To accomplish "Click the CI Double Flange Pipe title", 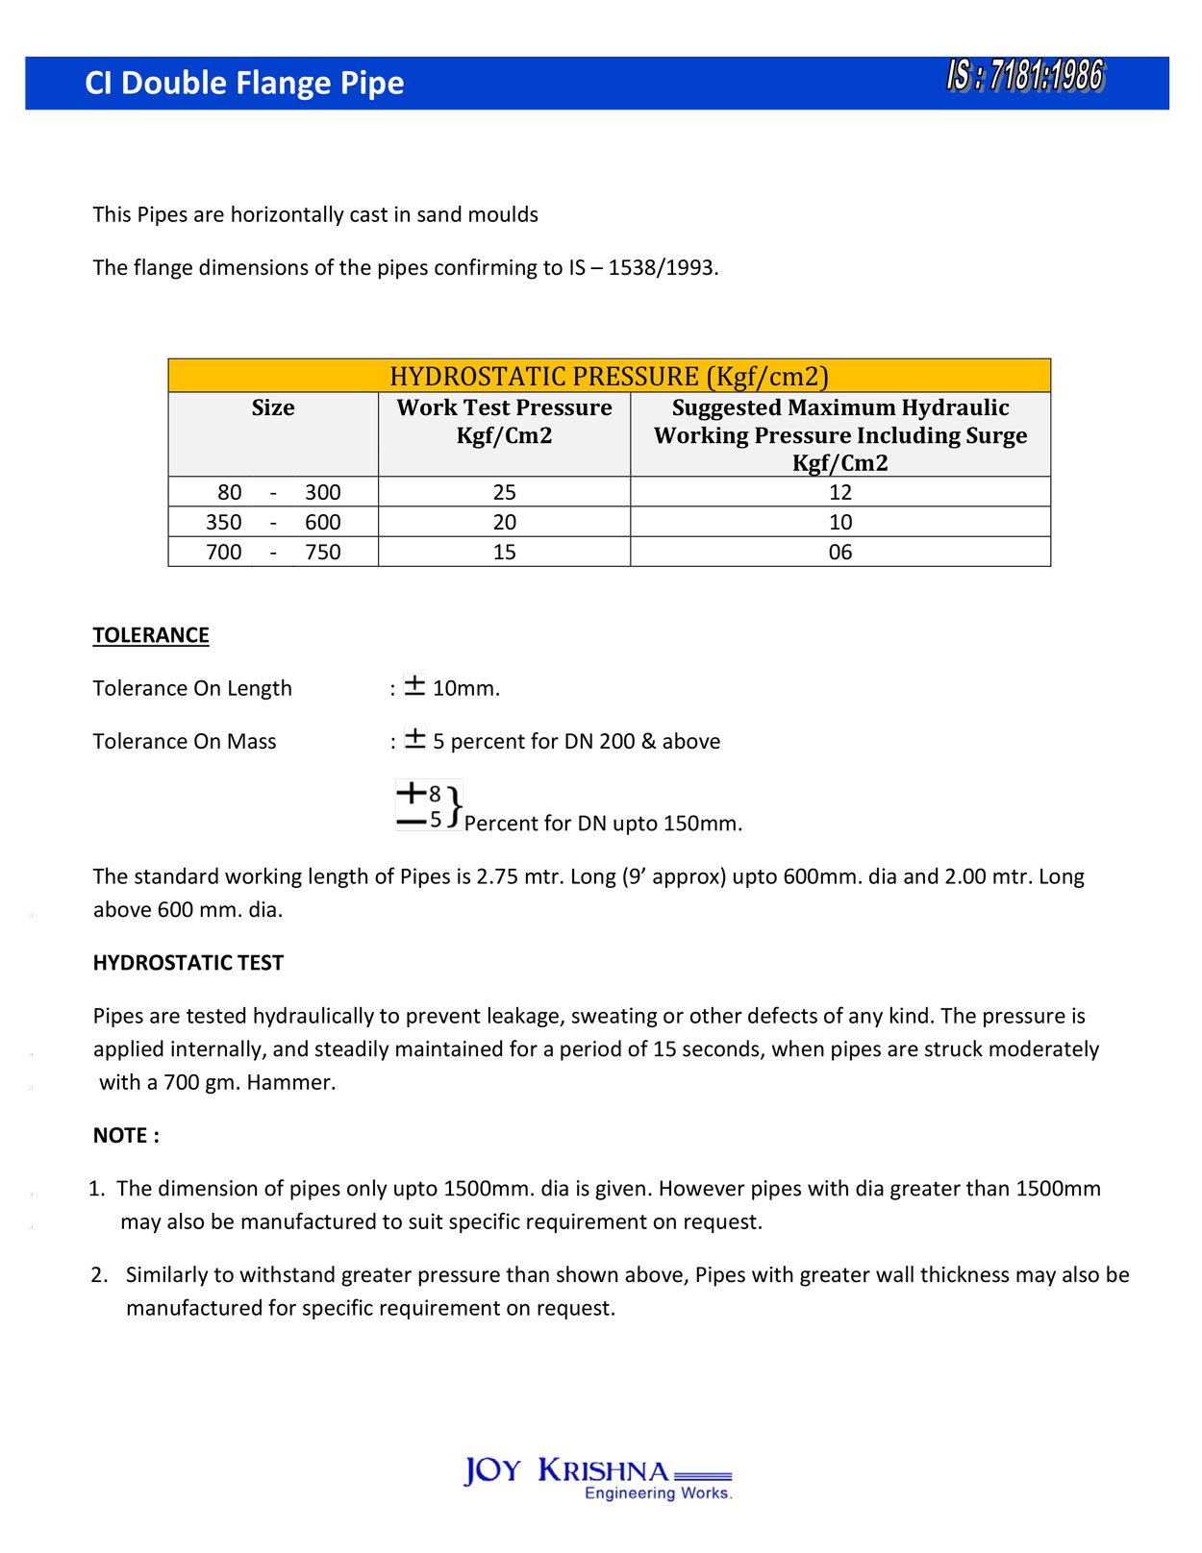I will pos(244,84).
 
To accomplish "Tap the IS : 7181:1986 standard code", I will pos(1025,76).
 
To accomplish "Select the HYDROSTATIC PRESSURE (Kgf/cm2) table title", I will pos(609,376).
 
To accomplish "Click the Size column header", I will pos(273,407).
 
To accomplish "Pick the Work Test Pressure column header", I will pos(504,421).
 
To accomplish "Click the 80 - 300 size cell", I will pos(273,492).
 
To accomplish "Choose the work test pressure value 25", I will pos(504,492).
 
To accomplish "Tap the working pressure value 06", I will pos(839,552).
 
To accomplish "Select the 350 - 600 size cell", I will pos(273,522).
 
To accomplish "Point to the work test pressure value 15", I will pos(504,552).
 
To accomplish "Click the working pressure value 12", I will pos(839,492).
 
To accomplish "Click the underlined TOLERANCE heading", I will pos(151,635).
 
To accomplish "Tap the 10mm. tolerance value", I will pos(465,688).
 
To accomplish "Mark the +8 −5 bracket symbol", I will pos(429,805).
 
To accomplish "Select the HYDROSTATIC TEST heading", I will pos(188,963).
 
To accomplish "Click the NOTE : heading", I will pos(126,1135).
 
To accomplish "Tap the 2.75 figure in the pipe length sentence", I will pos(496,876).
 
